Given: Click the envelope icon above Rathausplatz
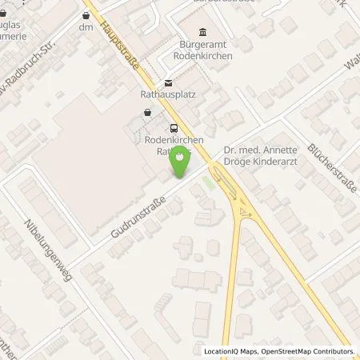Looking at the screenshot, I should (x=168, y=82).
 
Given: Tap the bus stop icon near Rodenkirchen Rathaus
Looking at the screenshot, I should (x=174, y=129).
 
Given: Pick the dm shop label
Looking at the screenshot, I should (x=86, y=27).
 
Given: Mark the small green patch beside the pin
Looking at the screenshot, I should (x=209, y=183).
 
